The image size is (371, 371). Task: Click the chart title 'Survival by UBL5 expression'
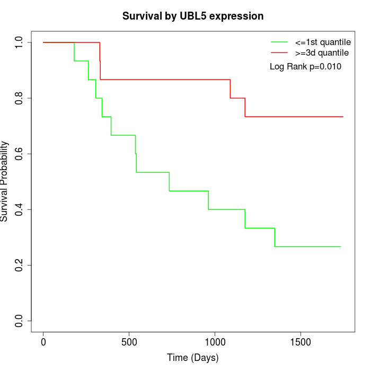[193, 16]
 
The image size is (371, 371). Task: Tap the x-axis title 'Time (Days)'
[193, 358]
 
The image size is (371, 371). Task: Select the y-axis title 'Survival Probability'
[5, 181]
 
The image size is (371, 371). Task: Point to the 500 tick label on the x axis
[129, 342]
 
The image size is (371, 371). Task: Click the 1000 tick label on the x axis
[215, 342]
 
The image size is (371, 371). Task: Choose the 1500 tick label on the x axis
[301, 342]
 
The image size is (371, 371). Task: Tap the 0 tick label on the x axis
[43, 342]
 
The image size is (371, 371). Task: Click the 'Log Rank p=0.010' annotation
[305, 67]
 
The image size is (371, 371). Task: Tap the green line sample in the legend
[279, 42]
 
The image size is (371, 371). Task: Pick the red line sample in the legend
[279, 53]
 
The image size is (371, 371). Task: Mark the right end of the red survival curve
[343, 117]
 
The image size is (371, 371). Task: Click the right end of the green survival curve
[340, 246]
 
